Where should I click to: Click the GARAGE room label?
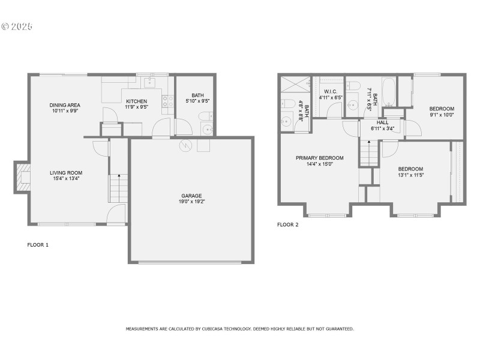[x=192, y=196]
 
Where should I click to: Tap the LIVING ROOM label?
[x=65, y=173]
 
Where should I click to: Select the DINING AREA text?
[x=65, y=105]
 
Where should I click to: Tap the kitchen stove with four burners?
[x=167, y=101]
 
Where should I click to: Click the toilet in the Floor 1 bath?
[x=205, y=116]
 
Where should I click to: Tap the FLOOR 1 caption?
[x=38, y=245]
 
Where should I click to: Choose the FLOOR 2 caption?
[x=287, y=225]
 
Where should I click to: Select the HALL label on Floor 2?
[x=382, y=122]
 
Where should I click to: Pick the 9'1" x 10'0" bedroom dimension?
[x=441, y=115]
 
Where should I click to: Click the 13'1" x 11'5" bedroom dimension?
[x=410, y=175]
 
